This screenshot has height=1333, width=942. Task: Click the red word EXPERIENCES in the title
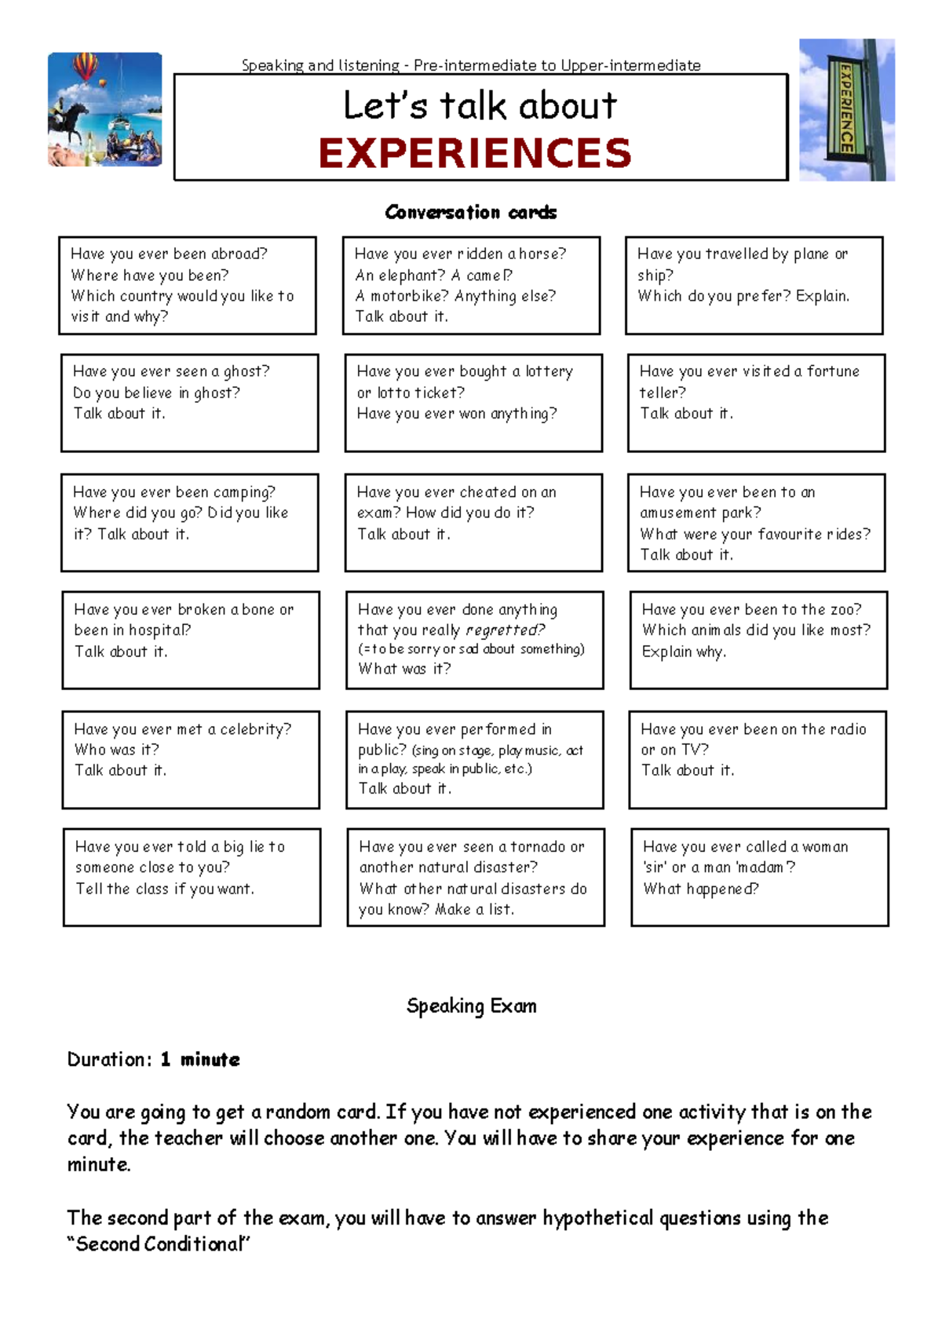coord(475,153)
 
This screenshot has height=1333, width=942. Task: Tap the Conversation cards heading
coord(471,213)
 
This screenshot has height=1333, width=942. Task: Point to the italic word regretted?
coord(505,630)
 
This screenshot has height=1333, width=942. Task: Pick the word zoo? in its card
coord(845,610)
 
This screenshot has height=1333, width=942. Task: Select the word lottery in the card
coord(549,371)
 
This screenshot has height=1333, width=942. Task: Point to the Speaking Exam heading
coord(471,1006)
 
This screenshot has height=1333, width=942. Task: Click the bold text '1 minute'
coord(200,1060)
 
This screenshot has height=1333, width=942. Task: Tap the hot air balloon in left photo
coord(85,66)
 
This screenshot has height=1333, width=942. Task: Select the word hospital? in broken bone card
coord(159,630)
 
